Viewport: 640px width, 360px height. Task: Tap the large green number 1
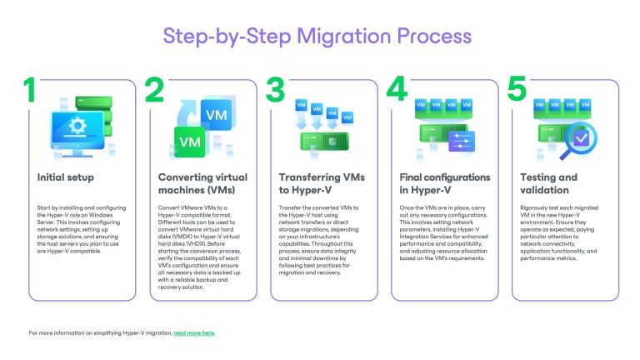[30, 90]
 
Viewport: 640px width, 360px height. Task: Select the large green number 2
[155, 91]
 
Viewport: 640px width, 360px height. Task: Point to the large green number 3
[277, 91]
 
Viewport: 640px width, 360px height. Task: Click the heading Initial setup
[66, 177]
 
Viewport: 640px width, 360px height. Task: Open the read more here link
[193, 333]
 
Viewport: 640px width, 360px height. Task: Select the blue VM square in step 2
[217, 113]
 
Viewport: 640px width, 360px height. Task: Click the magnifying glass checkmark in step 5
[575, 137]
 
